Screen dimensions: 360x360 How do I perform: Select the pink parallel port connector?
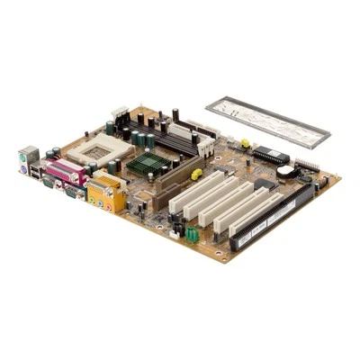tap(62, 174)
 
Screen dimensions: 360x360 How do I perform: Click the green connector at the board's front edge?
tap(190, 234)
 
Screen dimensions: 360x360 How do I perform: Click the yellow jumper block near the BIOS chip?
tap(244, 143)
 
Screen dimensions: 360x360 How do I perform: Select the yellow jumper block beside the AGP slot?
tap(196, 173)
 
